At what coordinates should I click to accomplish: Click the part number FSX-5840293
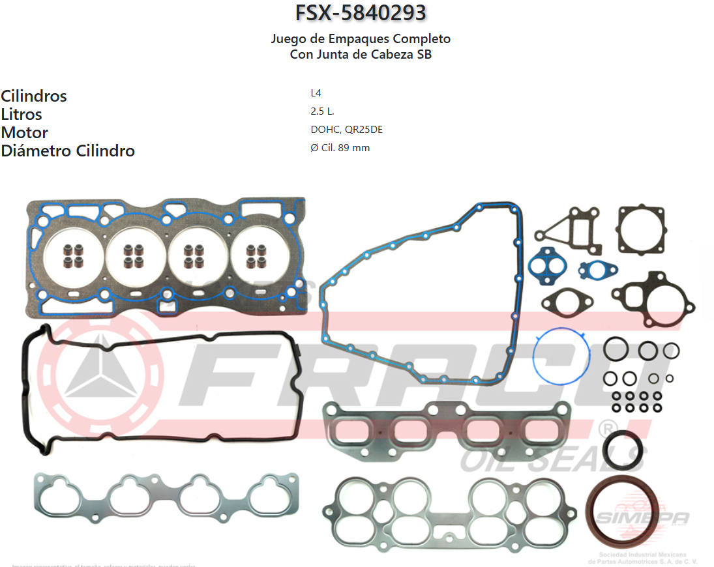[361, 13]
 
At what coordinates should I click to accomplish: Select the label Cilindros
[34, 96]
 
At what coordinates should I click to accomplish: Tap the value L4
[316, 93]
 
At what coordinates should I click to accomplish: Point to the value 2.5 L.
[322, 111]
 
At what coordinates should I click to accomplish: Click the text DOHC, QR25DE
[346, 130]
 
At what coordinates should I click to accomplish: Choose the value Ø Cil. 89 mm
[340, 148]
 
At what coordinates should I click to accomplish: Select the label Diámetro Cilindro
[68, 151]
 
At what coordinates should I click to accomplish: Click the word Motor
[25, 132]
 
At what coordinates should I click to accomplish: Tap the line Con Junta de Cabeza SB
[361, 55]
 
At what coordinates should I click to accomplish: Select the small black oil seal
[622, 450]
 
